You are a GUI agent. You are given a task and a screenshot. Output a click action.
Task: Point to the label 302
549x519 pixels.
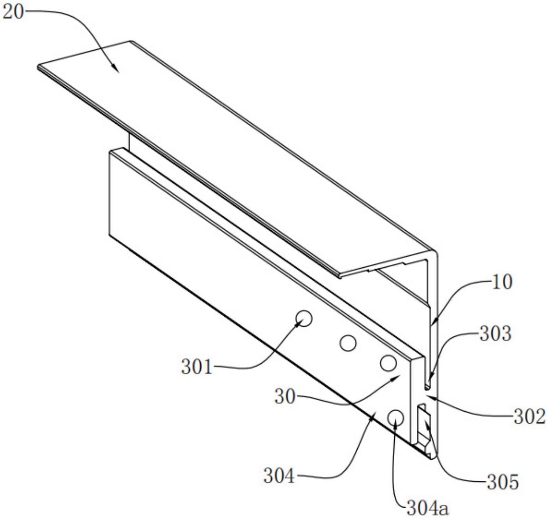tap(529, 416)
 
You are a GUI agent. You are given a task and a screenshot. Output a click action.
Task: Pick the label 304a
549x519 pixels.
tap(427, 508)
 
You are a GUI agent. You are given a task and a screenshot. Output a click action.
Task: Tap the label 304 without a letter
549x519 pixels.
tap(279, 476)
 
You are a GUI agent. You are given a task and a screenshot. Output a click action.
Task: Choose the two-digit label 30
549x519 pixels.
tap(285, 397)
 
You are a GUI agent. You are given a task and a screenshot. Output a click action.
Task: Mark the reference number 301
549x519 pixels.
tap(196, 367)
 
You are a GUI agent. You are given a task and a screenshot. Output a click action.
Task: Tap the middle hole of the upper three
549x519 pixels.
tap(348, 343)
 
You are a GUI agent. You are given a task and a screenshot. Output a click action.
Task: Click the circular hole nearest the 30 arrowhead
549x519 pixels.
tap(388, 363)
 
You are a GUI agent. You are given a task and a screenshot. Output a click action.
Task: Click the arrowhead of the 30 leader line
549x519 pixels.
tap(399, 376)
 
